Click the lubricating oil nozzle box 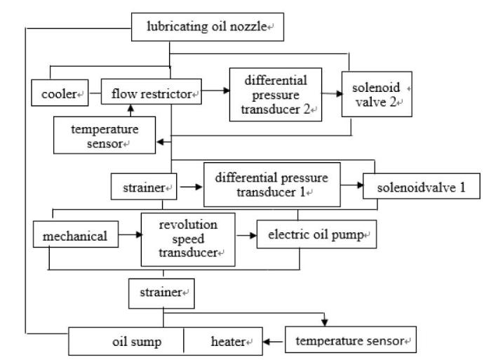point(208,27)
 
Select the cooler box point(60,93)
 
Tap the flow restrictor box point(152,91)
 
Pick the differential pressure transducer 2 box point(276,95)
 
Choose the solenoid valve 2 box point(377,94)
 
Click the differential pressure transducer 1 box point(272,185)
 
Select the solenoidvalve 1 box point(422,186)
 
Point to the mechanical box point(76,234)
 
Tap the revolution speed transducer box point(188,240)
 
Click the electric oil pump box point(316,234)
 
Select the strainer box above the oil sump point(161,293)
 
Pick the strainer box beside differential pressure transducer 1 point(144,187)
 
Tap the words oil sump point(137,342)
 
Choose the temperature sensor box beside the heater point(351,340)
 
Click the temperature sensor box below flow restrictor point(105,135)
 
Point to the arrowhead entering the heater point(266,342)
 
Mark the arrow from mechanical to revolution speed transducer point(130,234)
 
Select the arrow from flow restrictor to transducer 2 point(216,91)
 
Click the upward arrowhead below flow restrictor point(131,108)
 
